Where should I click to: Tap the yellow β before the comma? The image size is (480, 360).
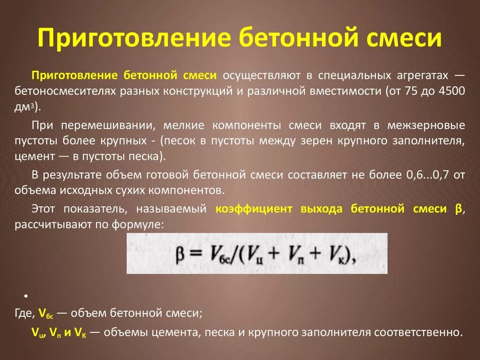point(458,209)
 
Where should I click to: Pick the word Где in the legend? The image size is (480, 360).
point(23,313)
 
